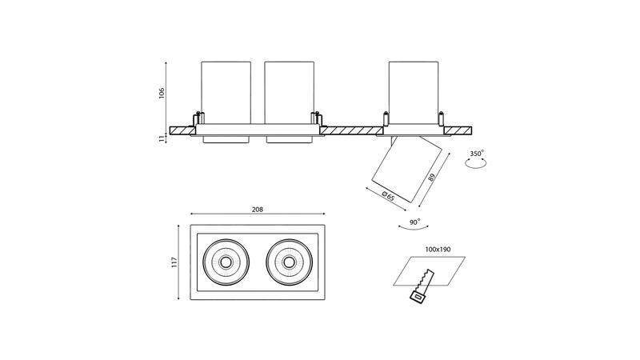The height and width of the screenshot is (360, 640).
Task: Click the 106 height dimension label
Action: pos(162,93)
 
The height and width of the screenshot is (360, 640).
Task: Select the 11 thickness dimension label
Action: pos(162,138)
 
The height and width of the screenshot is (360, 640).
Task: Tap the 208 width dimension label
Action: pos(257,210)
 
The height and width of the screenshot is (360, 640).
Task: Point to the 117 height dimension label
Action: pos(174,262)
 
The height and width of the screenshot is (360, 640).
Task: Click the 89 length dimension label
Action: pos(432,177)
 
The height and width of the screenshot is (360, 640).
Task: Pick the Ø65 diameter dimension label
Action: pos(388,196)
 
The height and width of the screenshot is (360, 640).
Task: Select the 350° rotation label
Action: pos(476,154)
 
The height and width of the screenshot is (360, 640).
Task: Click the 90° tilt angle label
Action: pos(414,222)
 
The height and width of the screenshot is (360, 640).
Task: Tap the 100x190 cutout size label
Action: pos(438,249)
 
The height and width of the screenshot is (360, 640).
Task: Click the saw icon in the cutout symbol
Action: pos(422,286)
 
